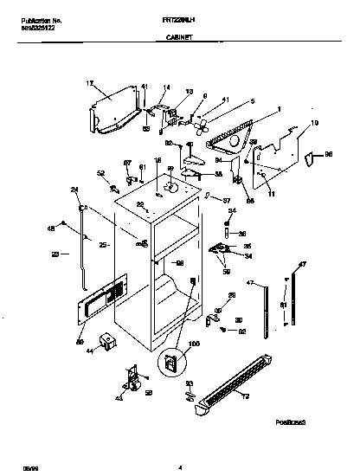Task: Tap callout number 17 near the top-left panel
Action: point(89,83)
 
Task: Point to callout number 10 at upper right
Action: point(314,123)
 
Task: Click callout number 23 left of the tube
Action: point(55,254)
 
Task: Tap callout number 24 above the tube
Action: point(74,190)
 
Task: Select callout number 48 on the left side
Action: point(51,228)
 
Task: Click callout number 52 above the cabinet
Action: point(100,173)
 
